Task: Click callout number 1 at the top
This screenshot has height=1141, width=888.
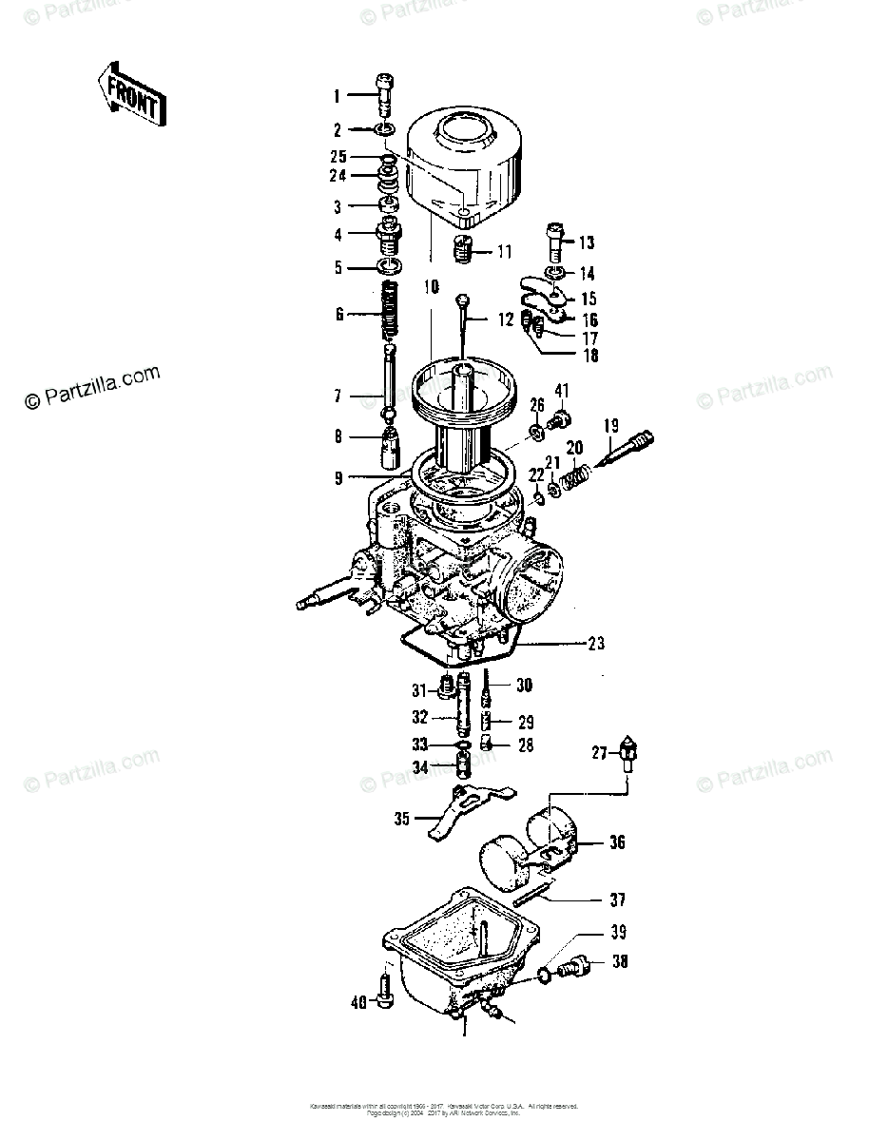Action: pyautogui.click(x=336, y=95)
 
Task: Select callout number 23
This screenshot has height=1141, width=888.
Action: pyautogui.click(x=595, y=644)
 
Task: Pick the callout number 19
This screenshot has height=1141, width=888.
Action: pyautogui.click(x=610, y=425)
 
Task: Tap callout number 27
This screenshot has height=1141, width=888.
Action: pyautogui.click(x=599, y=753)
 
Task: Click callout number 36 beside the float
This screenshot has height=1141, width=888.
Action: pyautogui.click(x=617, y=842)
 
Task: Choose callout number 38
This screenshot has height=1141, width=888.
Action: pyautogui.click(x=619, y=961)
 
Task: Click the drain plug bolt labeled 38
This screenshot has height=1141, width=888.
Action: pyautogui.click(x=575, y=969)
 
